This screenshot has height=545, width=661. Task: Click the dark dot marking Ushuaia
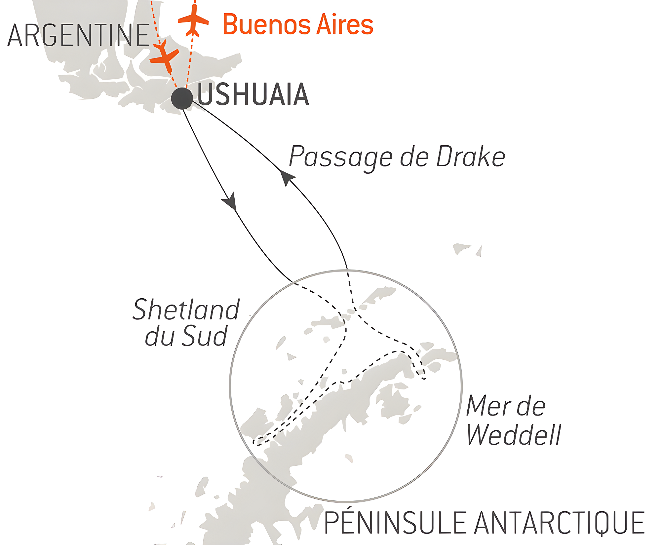pyautogui.click(x=182, y=98)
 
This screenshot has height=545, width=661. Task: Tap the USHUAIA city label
pyautogui.click(x=253, y=95)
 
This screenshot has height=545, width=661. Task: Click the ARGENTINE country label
pyautogui.click(x=79, y=36)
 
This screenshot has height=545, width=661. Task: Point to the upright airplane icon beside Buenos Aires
pyautogui.click(x=193, y=20)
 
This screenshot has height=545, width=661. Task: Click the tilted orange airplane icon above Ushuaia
pyautogui.click(x=165, y=57)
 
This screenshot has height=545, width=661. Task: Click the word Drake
pyautogui.click(x=471, y=157)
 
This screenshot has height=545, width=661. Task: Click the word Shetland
pyautogui.click(x=186, y=310)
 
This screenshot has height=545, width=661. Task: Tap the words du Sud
pyautogui.click(x=186, y=336)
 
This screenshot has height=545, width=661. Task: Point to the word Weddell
pyautogui.click(x=514, y=435)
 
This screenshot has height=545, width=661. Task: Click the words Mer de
pyautogui.click(x=506, y=406)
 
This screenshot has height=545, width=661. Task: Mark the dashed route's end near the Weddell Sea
pyautogui.click(x=424, y=379)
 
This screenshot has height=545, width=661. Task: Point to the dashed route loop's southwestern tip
pyautogui.click(x=254, y=443)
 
